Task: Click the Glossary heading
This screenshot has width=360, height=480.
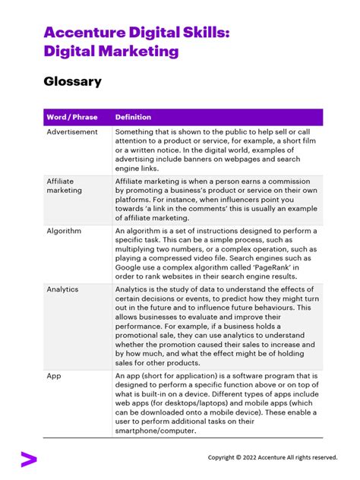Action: [x=72, y=81]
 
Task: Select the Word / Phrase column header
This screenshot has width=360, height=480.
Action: [x=73, y=117]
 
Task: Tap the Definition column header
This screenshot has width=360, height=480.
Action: [x=133, y=117]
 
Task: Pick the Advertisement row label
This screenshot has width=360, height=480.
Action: [x=72, y=132]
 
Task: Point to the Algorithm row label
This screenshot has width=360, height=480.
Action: [x=64, y=230]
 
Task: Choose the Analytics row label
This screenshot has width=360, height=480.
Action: [x=62, y=289]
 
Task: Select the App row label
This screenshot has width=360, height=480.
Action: [x=54, y=376]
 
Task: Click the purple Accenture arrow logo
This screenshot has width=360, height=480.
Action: [x=28, y=458]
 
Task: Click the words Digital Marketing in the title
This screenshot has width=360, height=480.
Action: [x=112, y=52]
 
